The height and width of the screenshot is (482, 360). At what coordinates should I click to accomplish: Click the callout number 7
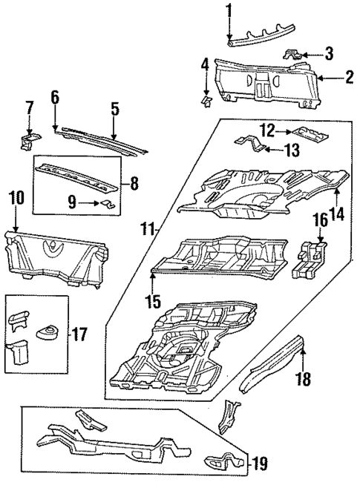(29, 108)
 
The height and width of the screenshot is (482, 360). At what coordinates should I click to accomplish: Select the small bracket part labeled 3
(295, 54)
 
